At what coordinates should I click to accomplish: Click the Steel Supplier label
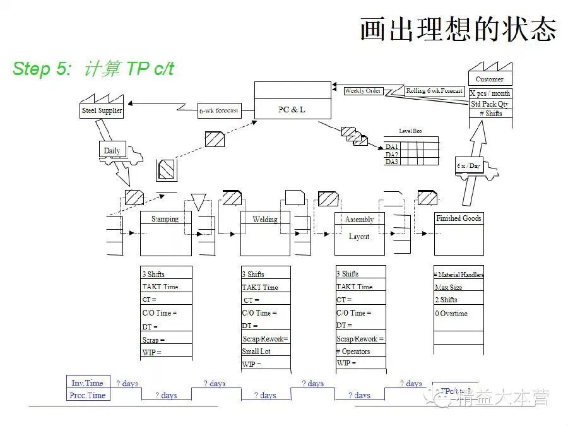coord(102,111)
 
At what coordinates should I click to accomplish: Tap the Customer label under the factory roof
coord(490,80)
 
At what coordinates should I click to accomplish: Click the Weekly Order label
coord(363,91)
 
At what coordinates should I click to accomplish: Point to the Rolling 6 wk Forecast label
coord(434,91)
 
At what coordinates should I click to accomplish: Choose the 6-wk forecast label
coord(219,110)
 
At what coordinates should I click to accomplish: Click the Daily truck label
coord(112,151)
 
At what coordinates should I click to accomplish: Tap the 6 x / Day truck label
coord(469,166)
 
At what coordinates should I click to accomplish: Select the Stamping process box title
coord(165,219)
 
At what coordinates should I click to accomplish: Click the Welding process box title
coord(265,220)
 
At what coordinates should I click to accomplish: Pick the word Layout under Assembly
coord(359,237)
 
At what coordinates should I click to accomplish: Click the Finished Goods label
coord(459,218)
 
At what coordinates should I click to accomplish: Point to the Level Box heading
coord(410,131)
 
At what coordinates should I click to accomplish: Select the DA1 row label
coord(391,146)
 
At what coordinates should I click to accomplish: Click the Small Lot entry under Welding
coord(256,352)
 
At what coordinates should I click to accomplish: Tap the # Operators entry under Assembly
coord(353,351)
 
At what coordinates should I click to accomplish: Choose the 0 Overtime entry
coord(451,313)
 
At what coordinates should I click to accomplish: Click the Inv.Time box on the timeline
coord(87,382)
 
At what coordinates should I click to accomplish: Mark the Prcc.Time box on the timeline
coord(87,395)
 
